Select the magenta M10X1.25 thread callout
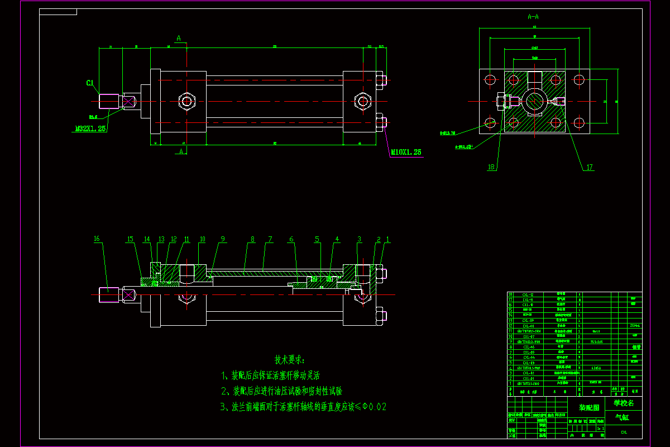pyautogui.click(x=406, y=152)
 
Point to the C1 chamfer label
pyautogui.click(x=89, y=83)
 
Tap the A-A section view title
pyautogui.click(x=533, y=17)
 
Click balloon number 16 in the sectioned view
pyautogui.click(x=97, y=239)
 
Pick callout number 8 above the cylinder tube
pyautogui.click(x=252, y=240)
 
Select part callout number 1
pyautogui.click(x=388, y=240)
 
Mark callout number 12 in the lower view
pyautogui.click(x=174, y=240)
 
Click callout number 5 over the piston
pyautogui.click(x=317, y=240)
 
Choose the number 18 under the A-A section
pyautogui.click(x=491, y=167)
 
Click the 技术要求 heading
pyautogui.click(x=290, y=359)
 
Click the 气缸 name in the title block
pyautogui.click(x=621, y=417)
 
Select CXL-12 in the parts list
pyautogui.click(x=528, y=294)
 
